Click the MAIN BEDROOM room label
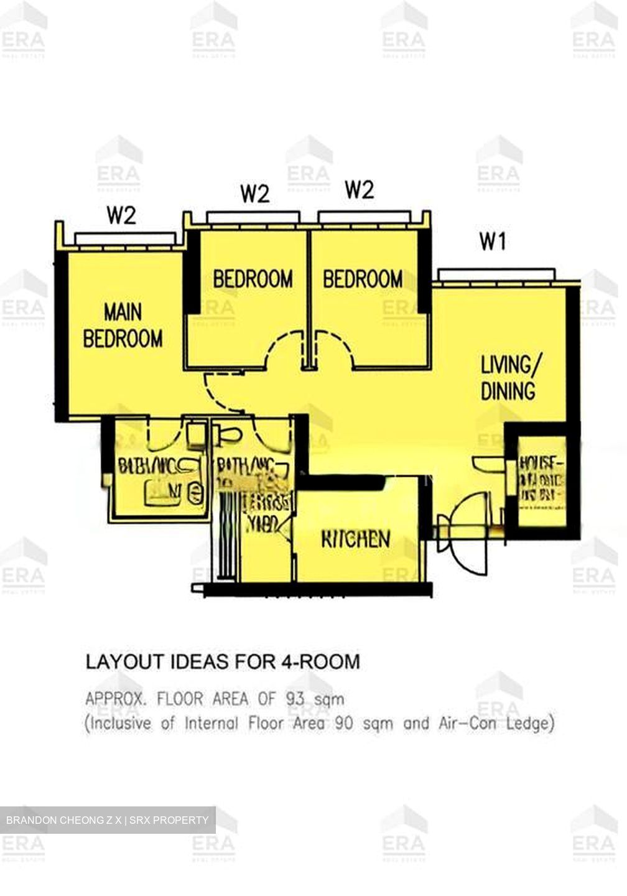(x=123, y=325)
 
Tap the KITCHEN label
(x=356, y=539)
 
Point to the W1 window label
(x=493, y=241)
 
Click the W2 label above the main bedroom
(x=121, y=216)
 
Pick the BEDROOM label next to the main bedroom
(x=253, y=279)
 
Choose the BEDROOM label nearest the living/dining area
(x=362, y=279)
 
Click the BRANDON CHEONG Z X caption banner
(x=108, y=820)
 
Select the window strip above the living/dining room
(x=496, y=274)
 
